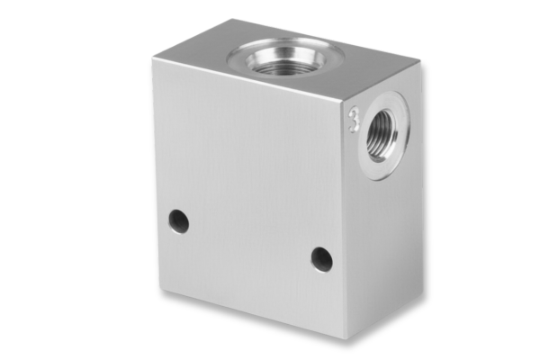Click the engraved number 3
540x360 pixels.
click(354, 121)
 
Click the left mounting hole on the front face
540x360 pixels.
click(179, 220)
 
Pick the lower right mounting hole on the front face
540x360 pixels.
click(321, 259)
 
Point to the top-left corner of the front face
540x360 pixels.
click(153, 58)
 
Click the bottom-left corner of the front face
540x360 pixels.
click(160, 290)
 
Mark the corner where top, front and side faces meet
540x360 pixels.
click(345, 101)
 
